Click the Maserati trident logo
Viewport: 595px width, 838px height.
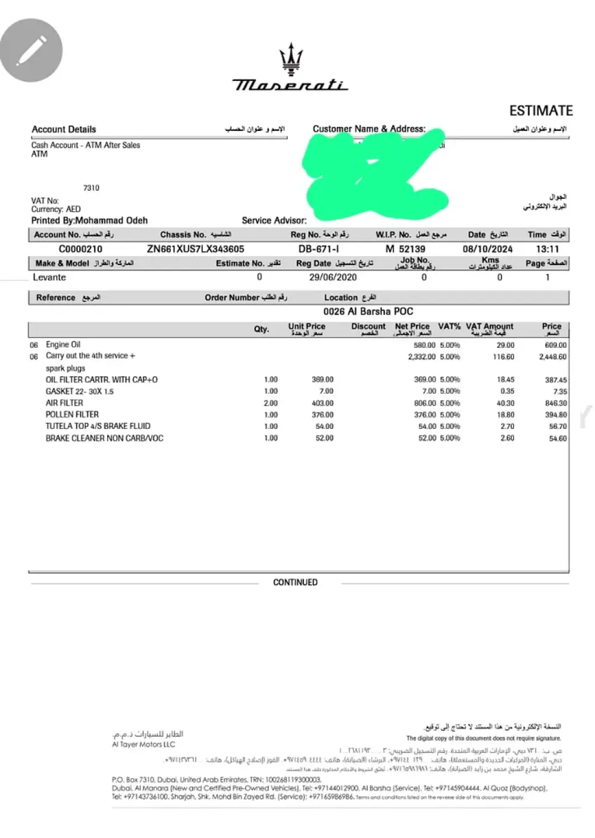click(291, 60)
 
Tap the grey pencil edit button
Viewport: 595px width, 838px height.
click(32, 51)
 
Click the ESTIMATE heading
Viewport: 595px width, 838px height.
click(540, 111)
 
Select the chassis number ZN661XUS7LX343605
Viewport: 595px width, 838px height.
click(195, 249)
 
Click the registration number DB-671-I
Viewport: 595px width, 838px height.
click(315, 249)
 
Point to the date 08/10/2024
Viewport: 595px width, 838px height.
click(487, 249)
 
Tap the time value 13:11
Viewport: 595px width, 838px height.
click(547, 249)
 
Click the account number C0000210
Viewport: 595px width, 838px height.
click(80, 249)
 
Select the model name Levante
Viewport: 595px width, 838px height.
click(49, 278)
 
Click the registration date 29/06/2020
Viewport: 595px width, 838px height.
click(333, 278)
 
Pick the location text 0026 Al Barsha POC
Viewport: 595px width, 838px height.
click(368, 311)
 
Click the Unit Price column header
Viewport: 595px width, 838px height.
click(306, 326)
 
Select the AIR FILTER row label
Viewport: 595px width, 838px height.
click(64, 403)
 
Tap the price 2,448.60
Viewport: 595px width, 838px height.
click(553, 357)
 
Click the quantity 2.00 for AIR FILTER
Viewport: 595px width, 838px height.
click(271, 403)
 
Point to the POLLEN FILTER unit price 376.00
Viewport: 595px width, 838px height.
click(322, 415)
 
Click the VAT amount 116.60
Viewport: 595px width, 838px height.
click(503, 357)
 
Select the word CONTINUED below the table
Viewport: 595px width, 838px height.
click(295, 582)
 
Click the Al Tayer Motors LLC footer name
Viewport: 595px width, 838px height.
click(143, 744)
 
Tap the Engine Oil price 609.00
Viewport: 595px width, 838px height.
click(555, 345)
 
